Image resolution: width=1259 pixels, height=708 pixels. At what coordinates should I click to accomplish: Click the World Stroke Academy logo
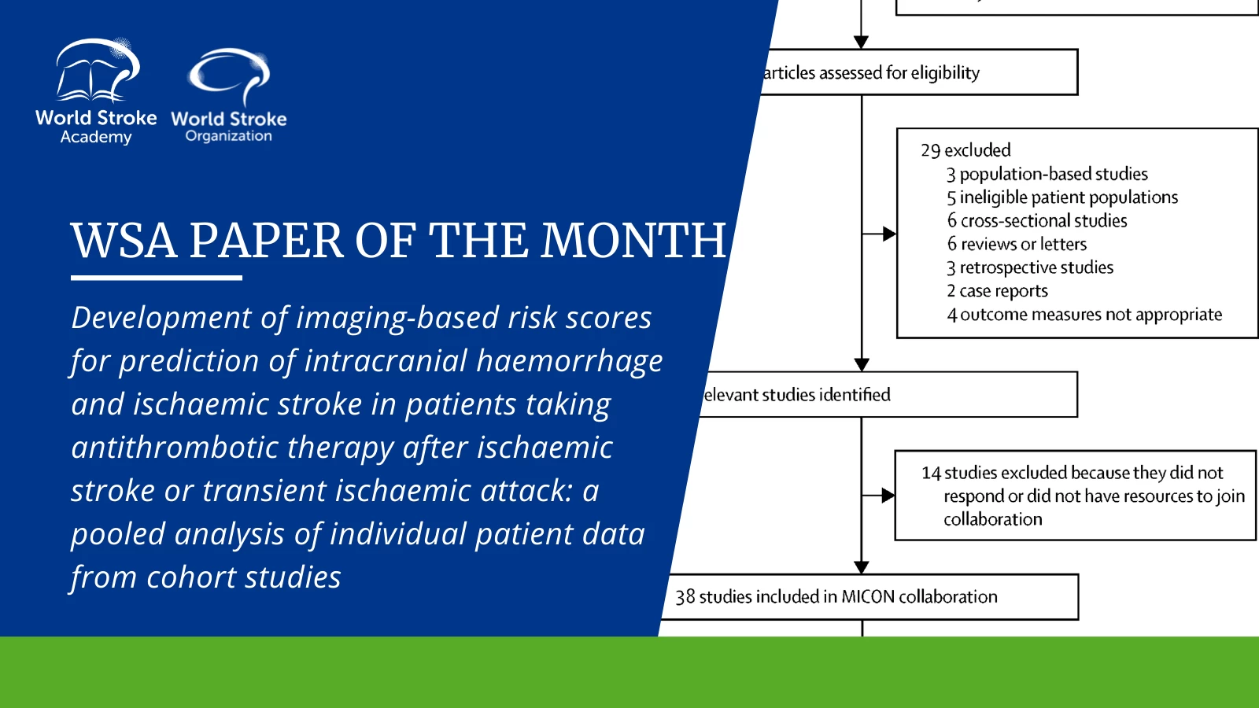(96, 91)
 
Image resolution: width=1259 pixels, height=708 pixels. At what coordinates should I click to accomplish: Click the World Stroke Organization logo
(229, 95)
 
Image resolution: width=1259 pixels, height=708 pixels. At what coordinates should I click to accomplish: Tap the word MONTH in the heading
(633, 241)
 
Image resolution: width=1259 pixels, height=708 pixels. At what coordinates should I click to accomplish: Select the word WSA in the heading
(124, 241)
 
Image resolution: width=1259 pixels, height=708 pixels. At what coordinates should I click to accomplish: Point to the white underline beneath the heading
(157, 278)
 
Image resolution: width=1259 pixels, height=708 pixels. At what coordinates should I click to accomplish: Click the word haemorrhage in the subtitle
(570, 361)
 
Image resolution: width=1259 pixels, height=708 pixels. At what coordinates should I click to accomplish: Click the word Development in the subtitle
(161, 318)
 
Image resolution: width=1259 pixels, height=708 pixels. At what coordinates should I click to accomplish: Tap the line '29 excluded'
(965, 150)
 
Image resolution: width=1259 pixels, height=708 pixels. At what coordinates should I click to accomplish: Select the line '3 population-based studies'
(1047, 174)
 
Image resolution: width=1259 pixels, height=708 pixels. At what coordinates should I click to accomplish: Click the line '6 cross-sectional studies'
(1037, 221)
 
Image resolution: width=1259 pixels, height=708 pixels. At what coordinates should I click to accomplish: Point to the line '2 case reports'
(997, 291)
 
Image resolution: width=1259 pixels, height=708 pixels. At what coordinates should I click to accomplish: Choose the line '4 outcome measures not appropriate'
(1084, 315)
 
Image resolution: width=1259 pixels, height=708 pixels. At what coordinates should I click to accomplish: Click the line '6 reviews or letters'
(1017, 245)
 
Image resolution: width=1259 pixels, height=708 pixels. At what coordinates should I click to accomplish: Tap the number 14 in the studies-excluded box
(931, 473)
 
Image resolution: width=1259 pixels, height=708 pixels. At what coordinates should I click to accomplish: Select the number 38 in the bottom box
(685, 597)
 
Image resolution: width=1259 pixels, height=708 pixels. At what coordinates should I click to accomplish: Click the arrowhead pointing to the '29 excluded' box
(889, 234)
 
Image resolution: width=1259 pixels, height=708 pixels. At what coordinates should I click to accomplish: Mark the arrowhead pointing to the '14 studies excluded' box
(888, 496)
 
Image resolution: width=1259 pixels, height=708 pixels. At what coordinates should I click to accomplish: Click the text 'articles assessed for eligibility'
(870, 73)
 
